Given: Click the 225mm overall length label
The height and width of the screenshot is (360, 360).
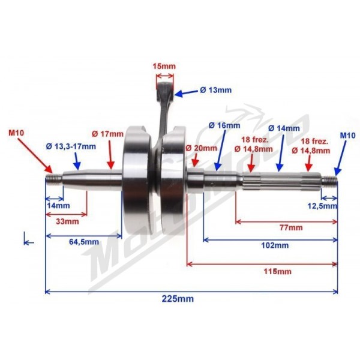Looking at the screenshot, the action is pos(178,299).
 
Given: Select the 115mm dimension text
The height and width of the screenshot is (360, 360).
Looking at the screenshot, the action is pos(278,272).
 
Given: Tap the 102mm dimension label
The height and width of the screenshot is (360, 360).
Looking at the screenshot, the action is pos(275,245).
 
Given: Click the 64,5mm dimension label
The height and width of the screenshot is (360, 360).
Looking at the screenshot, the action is pos(84,242).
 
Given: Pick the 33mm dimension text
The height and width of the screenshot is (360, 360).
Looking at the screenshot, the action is pos(67,221).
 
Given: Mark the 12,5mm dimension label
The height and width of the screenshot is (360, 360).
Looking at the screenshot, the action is pos(322,206).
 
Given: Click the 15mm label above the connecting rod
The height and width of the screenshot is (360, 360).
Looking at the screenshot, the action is pos(164,66).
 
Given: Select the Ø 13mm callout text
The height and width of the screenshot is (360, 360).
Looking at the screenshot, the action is pos(215,90).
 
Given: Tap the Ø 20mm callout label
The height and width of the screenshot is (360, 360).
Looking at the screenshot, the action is pos(201,148).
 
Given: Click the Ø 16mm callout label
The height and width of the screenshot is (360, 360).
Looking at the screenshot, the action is pos(224,125).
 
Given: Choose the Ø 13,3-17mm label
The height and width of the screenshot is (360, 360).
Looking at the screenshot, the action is pos(71,146).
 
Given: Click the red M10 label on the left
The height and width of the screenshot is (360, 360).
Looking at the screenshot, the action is pos(16,133).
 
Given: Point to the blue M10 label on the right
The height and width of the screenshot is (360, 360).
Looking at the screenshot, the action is pos(347,136).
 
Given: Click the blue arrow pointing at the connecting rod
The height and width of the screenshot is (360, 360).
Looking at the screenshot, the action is pos(186,93).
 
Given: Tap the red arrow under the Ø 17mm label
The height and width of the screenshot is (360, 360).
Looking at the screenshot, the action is pos(110,155).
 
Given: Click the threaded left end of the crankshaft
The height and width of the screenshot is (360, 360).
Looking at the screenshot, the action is pos(54,179).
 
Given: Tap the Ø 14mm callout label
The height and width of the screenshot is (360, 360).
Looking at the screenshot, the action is pos(284,128).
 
